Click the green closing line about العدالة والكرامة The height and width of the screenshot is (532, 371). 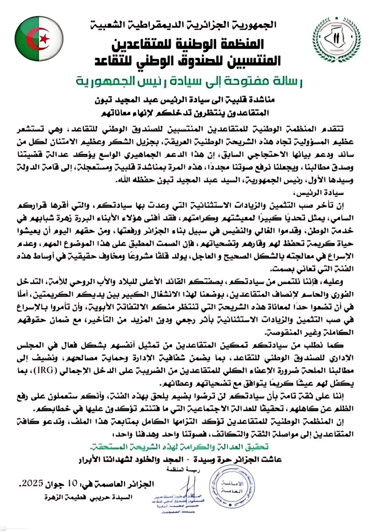click(179, 447)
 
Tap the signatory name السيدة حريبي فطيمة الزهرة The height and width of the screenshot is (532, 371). click(88, 497)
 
